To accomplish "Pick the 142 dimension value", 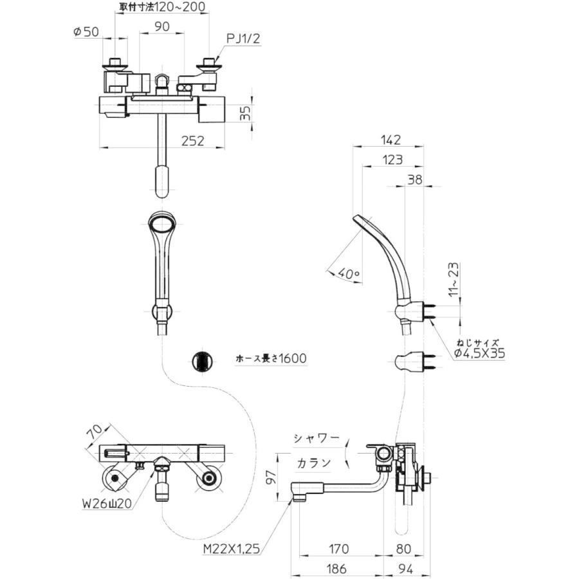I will [390, 140].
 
